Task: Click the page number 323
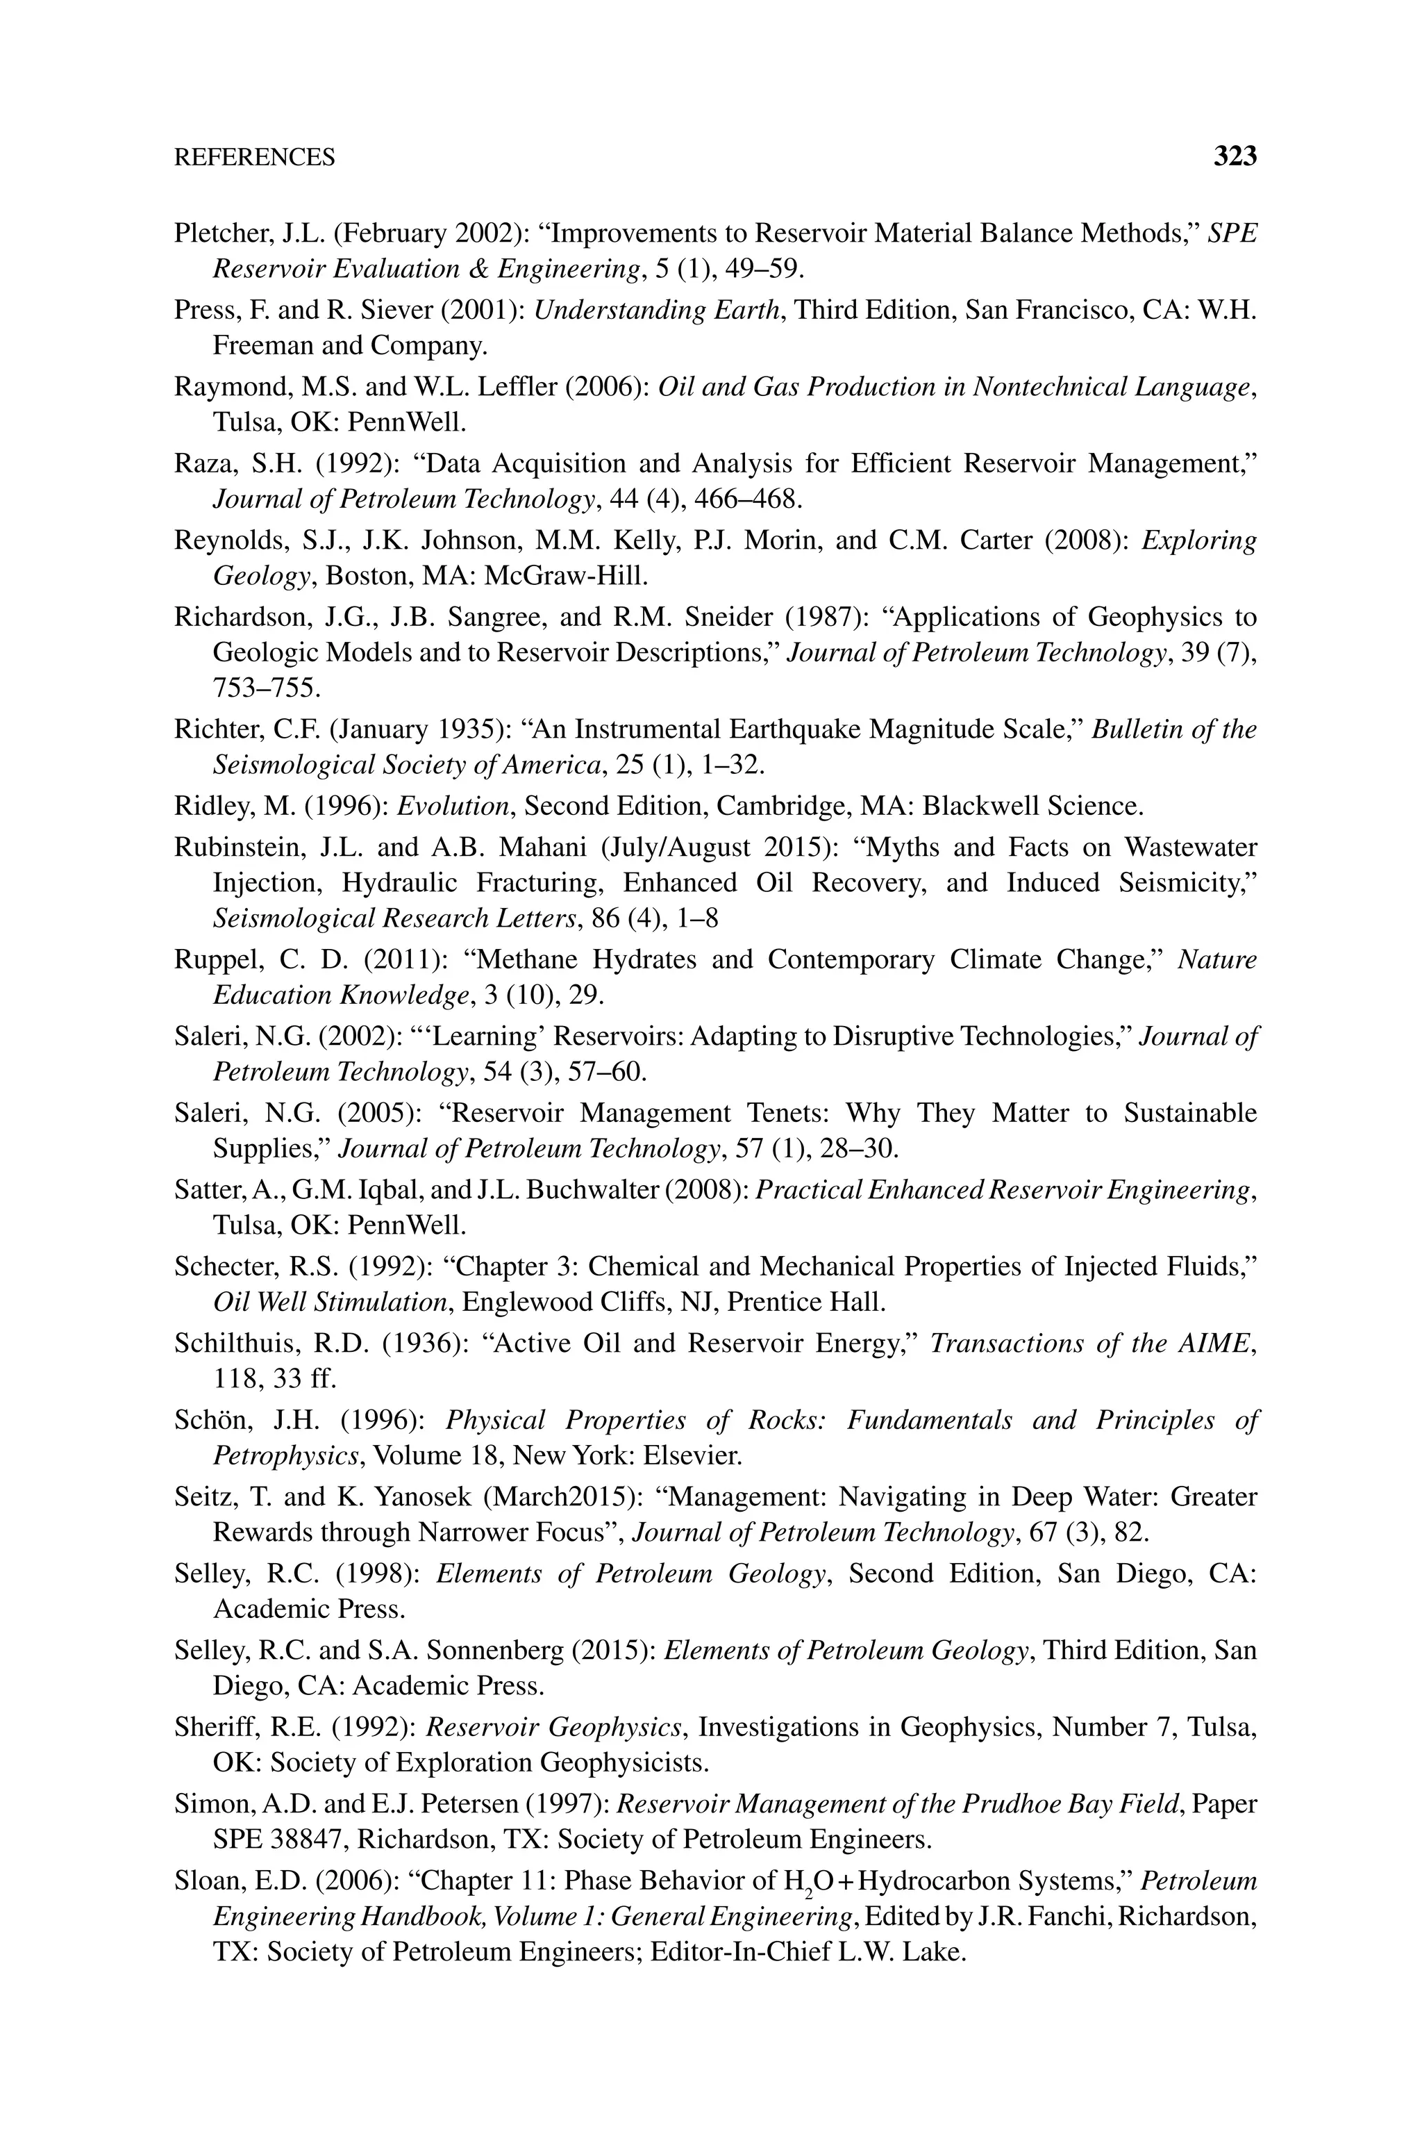(x=1235, y=157)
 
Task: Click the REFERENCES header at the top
(x=254, y=158)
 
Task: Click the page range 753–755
(x=266, y=688)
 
